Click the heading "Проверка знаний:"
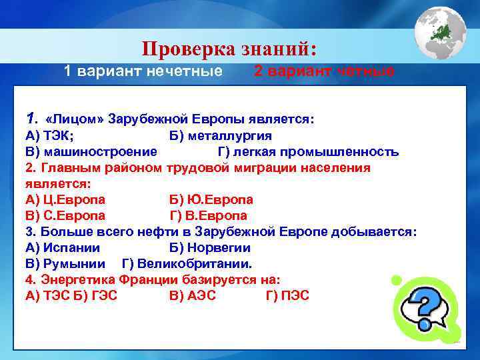tap(230, 49)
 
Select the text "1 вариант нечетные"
tap(143, 71)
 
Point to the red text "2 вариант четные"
tap(324, 71)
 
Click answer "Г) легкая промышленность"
tap(309, 151)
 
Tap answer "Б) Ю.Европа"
tap(211, 199)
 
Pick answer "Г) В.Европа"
tap(209, 215)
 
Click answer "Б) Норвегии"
tap(210, 247)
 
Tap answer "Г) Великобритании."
tap(187, 263)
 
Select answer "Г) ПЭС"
tap(287, 295)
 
